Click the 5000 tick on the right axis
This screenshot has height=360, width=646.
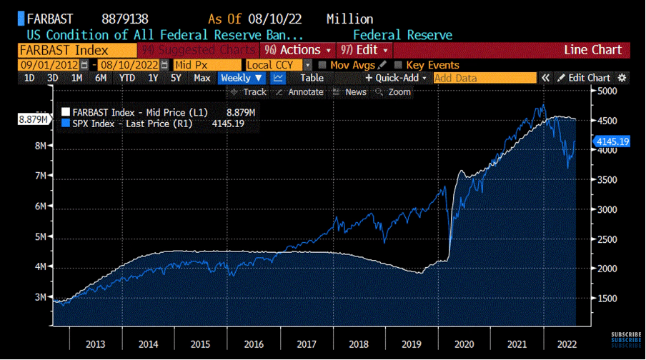[x=607, y=91]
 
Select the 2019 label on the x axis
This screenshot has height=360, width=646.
[x=412, y=344]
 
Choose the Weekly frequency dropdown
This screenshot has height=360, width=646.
[x=241, y=78]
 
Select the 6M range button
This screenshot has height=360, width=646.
[x=101, y=78]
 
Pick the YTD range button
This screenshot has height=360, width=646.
[x=127, y=78]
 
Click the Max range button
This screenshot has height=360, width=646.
[x=202, y=78]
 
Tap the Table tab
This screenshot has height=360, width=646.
[x=312, y=78]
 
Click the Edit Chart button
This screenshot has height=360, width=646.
[x=584, y=78]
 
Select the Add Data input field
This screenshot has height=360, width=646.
[x=484, y=78]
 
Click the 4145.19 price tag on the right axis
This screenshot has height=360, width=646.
[x=611, y=141]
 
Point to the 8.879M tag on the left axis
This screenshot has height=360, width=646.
[x=34, y=119]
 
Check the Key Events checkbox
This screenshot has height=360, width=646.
[x=399, y=65]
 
